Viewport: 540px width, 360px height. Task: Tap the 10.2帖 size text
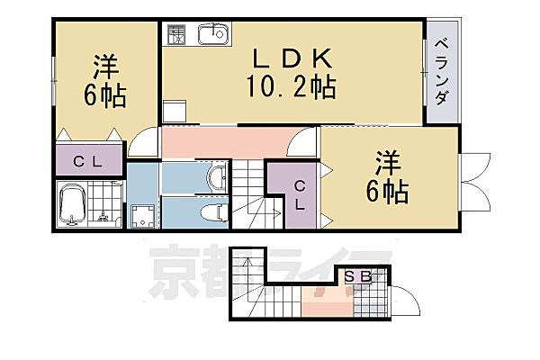[x=291, y=87]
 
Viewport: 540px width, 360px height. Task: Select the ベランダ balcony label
[x=442, y=71]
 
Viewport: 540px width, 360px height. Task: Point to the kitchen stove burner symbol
[x=176, y=34]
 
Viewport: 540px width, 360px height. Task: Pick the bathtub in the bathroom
[x=71, y=207]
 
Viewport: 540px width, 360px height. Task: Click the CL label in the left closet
[x=87, y=162]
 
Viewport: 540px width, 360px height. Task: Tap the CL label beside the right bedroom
[x=299, y=190]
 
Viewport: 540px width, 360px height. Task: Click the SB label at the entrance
[x=358, y=278]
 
